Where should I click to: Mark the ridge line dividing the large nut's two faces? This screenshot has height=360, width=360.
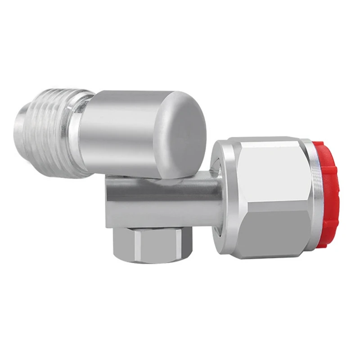tap(270, 200)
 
